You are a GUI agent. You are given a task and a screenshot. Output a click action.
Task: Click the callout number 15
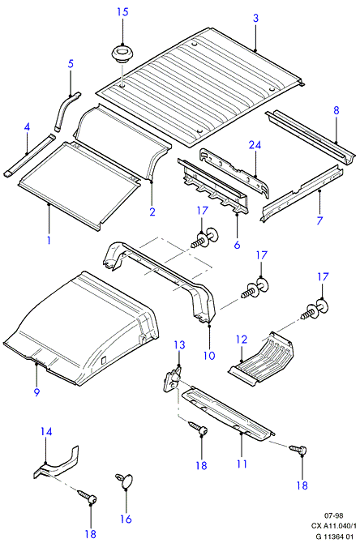[122, 12]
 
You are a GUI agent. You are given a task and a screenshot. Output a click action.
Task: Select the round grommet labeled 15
[122, 55]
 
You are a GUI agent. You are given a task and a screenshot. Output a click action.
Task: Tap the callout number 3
[255, 18]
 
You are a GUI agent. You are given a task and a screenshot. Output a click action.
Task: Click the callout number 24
[255, 145]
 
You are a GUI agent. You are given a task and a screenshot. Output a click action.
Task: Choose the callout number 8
[336, 110]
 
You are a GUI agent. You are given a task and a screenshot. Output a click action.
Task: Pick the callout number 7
[319, 220]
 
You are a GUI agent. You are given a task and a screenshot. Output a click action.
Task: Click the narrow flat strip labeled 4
[30, 156]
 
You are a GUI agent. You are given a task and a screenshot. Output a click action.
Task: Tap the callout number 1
[49, 240]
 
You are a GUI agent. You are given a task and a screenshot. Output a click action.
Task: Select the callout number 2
[152, 212]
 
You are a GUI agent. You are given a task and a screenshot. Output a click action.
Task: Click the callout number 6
[237, 245]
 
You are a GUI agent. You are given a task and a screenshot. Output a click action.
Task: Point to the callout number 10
[209, 355]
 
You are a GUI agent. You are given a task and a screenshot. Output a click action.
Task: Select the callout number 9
[36, 392]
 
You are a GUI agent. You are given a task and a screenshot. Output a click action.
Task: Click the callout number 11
[242, 464]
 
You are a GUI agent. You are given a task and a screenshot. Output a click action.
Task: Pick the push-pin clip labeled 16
[124, 481]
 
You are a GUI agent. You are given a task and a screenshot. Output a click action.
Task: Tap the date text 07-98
[334, 516]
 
